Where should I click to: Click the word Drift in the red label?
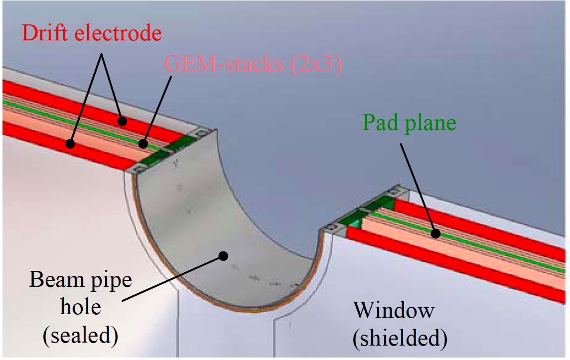pyautogui.click(x=45, y=33)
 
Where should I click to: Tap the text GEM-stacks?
pyautogui.click(x=224, y=64)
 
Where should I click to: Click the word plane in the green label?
pyautogui.click(x=430, y=123)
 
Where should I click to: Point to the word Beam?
pyautogui.click(x=56, y=280)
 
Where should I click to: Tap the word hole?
pyautogui.click(x=80, y=307)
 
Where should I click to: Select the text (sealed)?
pyautogui.click(x=80, y=335)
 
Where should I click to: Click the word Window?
pyautogui.click(x=394, y=311)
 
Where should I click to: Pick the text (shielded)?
pyautogui.click(x=400, y=338)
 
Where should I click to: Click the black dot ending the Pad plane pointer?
pyautogui.click(x=435, y=234)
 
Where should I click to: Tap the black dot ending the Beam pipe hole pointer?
pyautogui.click(x=223, y=256)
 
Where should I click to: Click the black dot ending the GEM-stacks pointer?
pyautogui.click(x=143, y=144)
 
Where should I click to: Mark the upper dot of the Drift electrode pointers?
pyautogui.click(x=123, y=121)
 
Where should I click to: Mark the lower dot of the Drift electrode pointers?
pyautogui.click(x=70, y=144)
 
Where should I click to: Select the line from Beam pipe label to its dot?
pyautogui.click(x=173, y=279)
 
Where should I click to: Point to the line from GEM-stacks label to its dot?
pyautogui.click(x=157, y=110)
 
